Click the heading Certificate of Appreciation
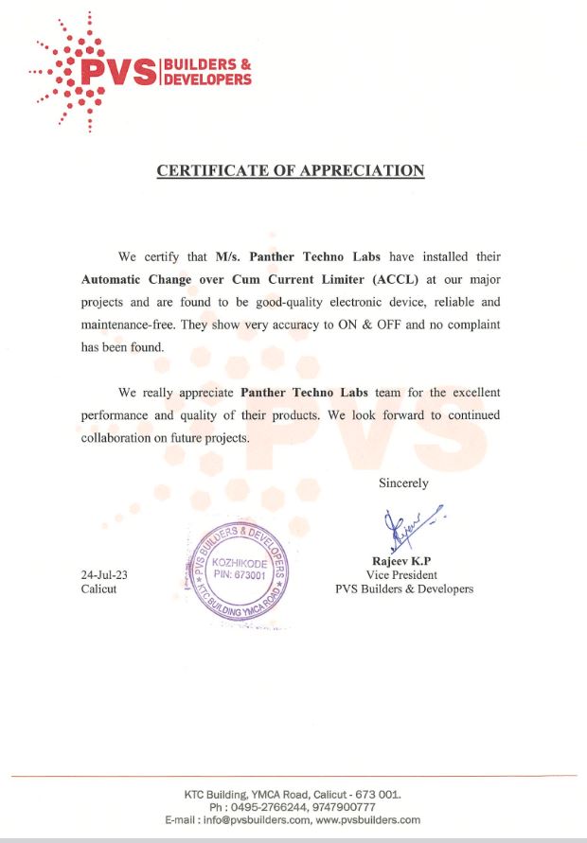[290, 171]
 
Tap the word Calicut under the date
[98, 589]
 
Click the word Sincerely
[403, 483]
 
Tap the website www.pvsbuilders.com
[369, 820]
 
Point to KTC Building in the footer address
[216, 794]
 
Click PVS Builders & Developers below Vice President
[404, 588]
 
